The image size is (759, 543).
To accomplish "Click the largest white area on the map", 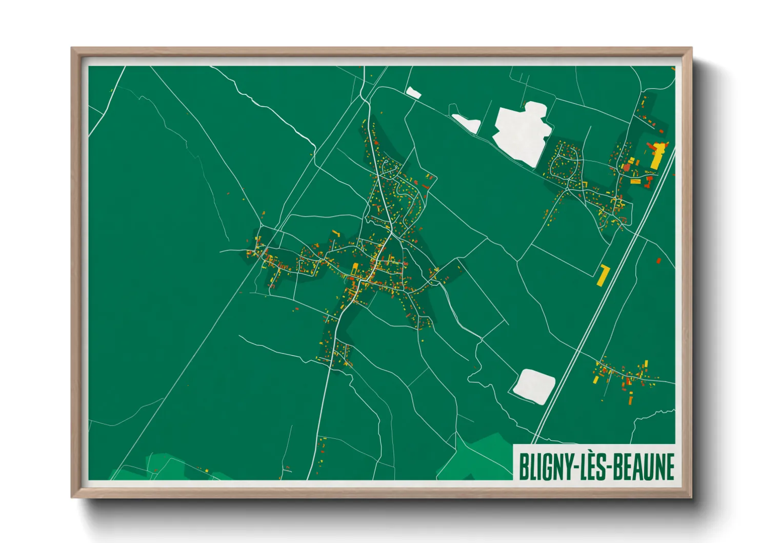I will (x=519, y=132).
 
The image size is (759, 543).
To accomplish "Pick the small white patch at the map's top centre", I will (x=413, y=93).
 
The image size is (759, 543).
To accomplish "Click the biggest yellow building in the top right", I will (x=657, y=155).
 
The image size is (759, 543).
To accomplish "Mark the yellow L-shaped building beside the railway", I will (x=603, y=275).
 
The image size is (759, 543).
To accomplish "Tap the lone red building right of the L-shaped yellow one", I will (x=658, y=261).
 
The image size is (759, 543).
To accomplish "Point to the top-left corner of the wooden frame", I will (x=73, y=49).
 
